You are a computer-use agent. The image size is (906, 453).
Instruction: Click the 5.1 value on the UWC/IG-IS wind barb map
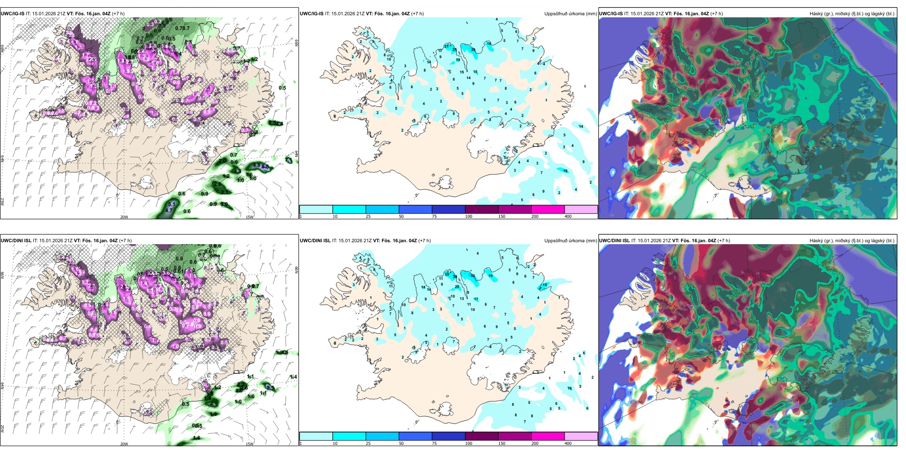(172, 204)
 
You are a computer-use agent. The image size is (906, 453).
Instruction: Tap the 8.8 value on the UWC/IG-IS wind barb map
(265, 167)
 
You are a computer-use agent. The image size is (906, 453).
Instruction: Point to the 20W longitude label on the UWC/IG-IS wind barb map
(124, 217)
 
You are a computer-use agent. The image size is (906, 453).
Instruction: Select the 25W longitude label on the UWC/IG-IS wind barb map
(3, 202)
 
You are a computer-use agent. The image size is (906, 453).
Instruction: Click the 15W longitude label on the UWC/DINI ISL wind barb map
(249, 444)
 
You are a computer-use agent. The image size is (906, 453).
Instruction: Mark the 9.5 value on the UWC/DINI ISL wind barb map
(270, 388)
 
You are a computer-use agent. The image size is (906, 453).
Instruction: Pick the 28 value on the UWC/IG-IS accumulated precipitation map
(473, 50)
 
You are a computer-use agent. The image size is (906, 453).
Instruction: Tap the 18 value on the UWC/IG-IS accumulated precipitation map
(566, 171)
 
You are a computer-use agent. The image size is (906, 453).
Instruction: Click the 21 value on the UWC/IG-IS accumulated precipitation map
(446, 46)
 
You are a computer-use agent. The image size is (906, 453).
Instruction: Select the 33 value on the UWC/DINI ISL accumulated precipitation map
(473, 276)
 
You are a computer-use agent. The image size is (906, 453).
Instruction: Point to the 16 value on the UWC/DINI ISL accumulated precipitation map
(569, 388)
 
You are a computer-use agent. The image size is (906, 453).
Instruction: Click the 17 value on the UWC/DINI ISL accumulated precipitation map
(476, 299)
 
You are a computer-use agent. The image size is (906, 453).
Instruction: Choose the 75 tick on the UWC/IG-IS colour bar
(434, 216)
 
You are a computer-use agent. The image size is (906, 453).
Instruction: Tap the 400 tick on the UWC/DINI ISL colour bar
(568, 443)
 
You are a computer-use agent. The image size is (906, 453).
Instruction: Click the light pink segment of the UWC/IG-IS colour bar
(581, 209)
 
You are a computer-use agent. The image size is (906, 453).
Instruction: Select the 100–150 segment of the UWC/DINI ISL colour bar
(481, 436)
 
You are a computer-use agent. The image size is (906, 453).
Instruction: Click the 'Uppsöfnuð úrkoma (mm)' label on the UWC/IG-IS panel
(570, 14)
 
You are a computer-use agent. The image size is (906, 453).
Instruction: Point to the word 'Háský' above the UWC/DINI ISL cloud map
(816, 241)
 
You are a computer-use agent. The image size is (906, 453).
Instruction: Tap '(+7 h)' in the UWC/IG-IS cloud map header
(717, 14)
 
